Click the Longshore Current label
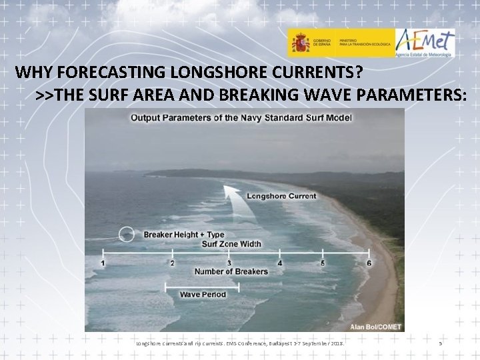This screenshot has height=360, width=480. click(x=281, y=196)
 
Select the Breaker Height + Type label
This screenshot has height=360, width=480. click(x=184, y=235)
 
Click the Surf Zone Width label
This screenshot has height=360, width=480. click(x=231, y=244)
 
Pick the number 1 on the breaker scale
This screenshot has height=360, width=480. click(x=103, y=263)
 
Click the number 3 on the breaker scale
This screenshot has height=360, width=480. click(x=229, y=263)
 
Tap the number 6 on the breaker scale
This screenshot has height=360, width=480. click(x=369, y=263)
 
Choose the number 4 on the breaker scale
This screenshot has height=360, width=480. click(x=279, y=263)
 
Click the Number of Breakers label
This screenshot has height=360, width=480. click(x=231, y=271)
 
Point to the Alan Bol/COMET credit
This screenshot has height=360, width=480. click(x=375, y=327)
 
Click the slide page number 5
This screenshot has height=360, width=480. click(x=440, y=343)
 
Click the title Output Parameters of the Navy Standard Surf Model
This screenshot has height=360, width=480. click(x=241, y=118)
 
